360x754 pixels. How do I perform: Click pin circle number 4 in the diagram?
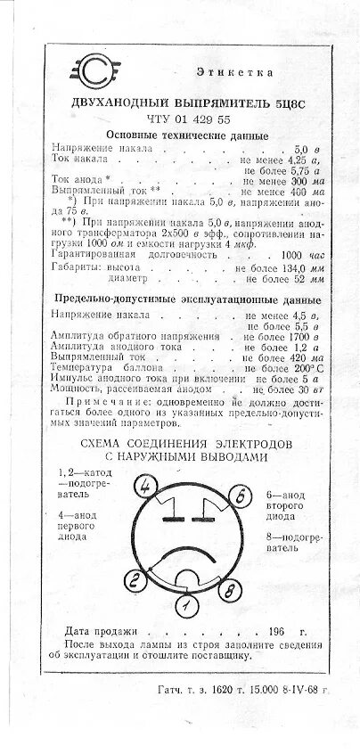[147, 486]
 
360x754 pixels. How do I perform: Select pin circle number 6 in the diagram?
[239, 496]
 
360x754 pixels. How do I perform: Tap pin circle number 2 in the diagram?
[135, 582]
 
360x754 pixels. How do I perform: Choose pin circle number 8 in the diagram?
[229, 590]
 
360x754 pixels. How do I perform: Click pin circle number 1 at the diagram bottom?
[185, 607]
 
